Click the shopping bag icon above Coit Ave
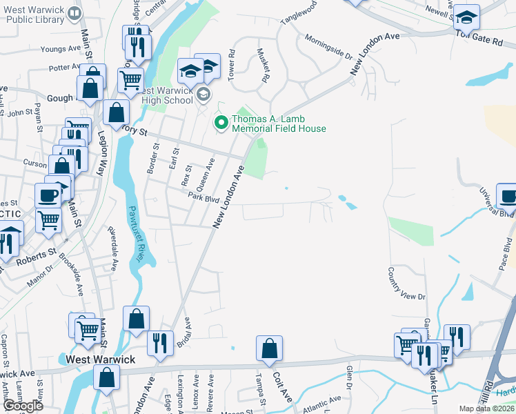click(269, 350)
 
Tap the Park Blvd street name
click(204, 197)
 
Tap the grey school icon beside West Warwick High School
click(204, 94)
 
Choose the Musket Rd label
click(262, 65)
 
